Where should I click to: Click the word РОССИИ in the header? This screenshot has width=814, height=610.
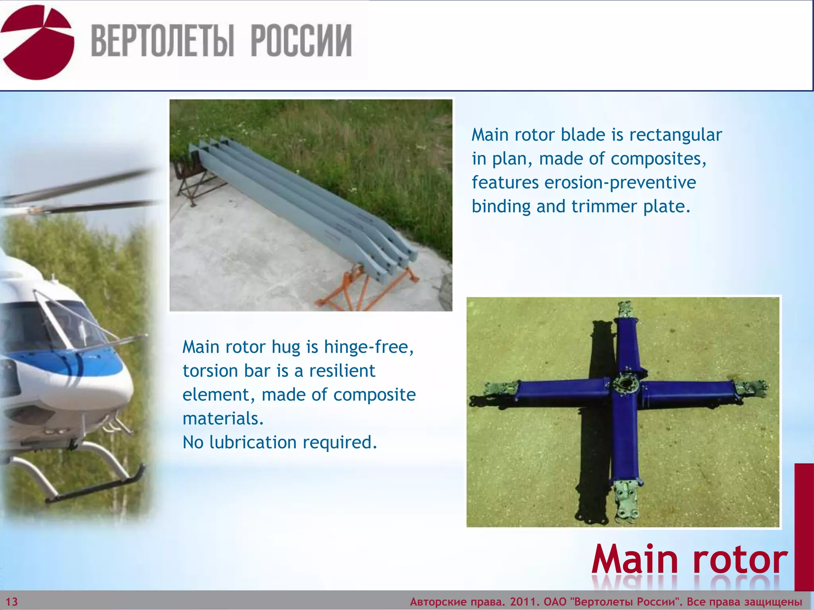(301, 41)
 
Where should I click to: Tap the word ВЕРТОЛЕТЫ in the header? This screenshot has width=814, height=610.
(162, 41)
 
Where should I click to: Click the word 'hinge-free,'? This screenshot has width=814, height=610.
(369, 347)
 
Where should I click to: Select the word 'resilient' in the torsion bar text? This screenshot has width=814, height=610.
(342, 371)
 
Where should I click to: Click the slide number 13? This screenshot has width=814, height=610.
(12, 602)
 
